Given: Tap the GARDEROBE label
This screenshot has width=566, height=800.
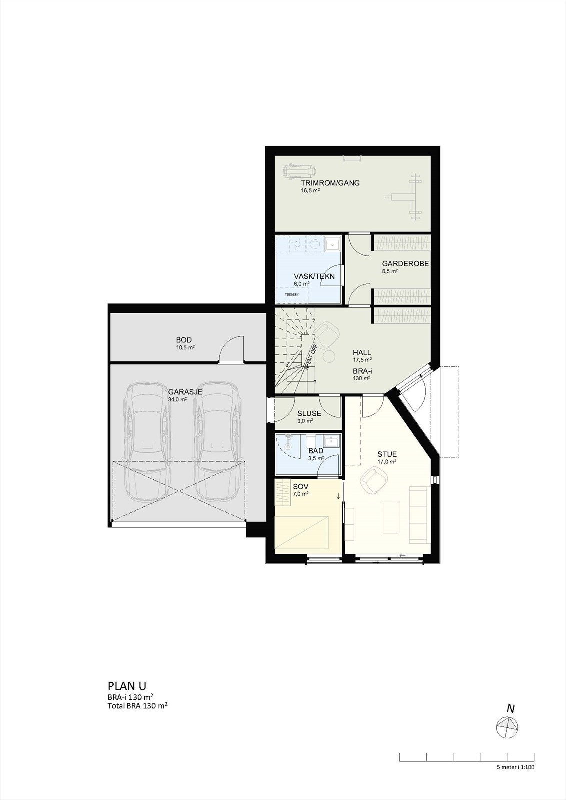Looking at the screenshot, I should [x=405, y=264].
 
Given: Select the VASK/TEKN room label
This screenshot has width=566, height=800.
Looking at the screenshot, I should [x=314, y=276].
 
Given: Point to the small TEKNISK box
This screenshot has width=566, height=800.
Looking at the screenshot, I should [x=291, y=294].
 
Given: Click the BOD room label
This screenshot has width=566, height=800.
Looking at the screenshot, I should [x=184, y=340].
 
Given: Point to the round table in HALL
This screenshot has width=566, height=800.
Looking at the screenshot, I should [x=329, y=356].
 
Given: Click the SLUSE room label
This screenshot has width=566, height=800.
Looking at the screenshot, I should [x=309, y=414].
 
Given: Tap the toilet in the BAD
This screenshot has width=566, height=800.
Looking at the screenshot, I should [x=309, y=441].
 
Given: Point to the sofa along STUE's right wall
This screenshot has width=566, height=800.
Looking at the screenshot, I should [x=418, y=514].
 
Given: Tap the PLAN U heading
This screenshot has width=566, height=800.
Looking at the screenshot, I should [x=127, y=685].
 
